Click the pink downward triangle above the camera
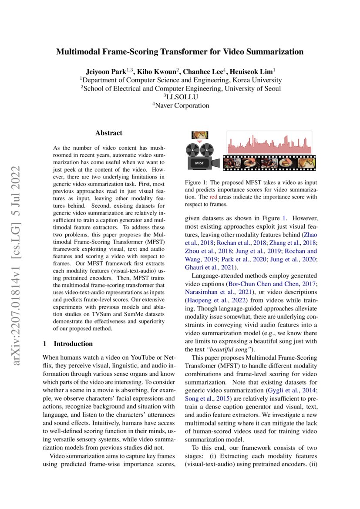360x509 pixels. point(200,142)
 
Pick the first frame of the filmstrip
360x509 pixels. point(229,164)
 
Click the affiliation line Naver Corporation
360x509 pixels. point(180,105)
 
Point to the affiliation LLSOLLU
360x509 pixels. point(180,97)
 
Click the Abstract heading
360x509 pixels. point(108,133)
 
